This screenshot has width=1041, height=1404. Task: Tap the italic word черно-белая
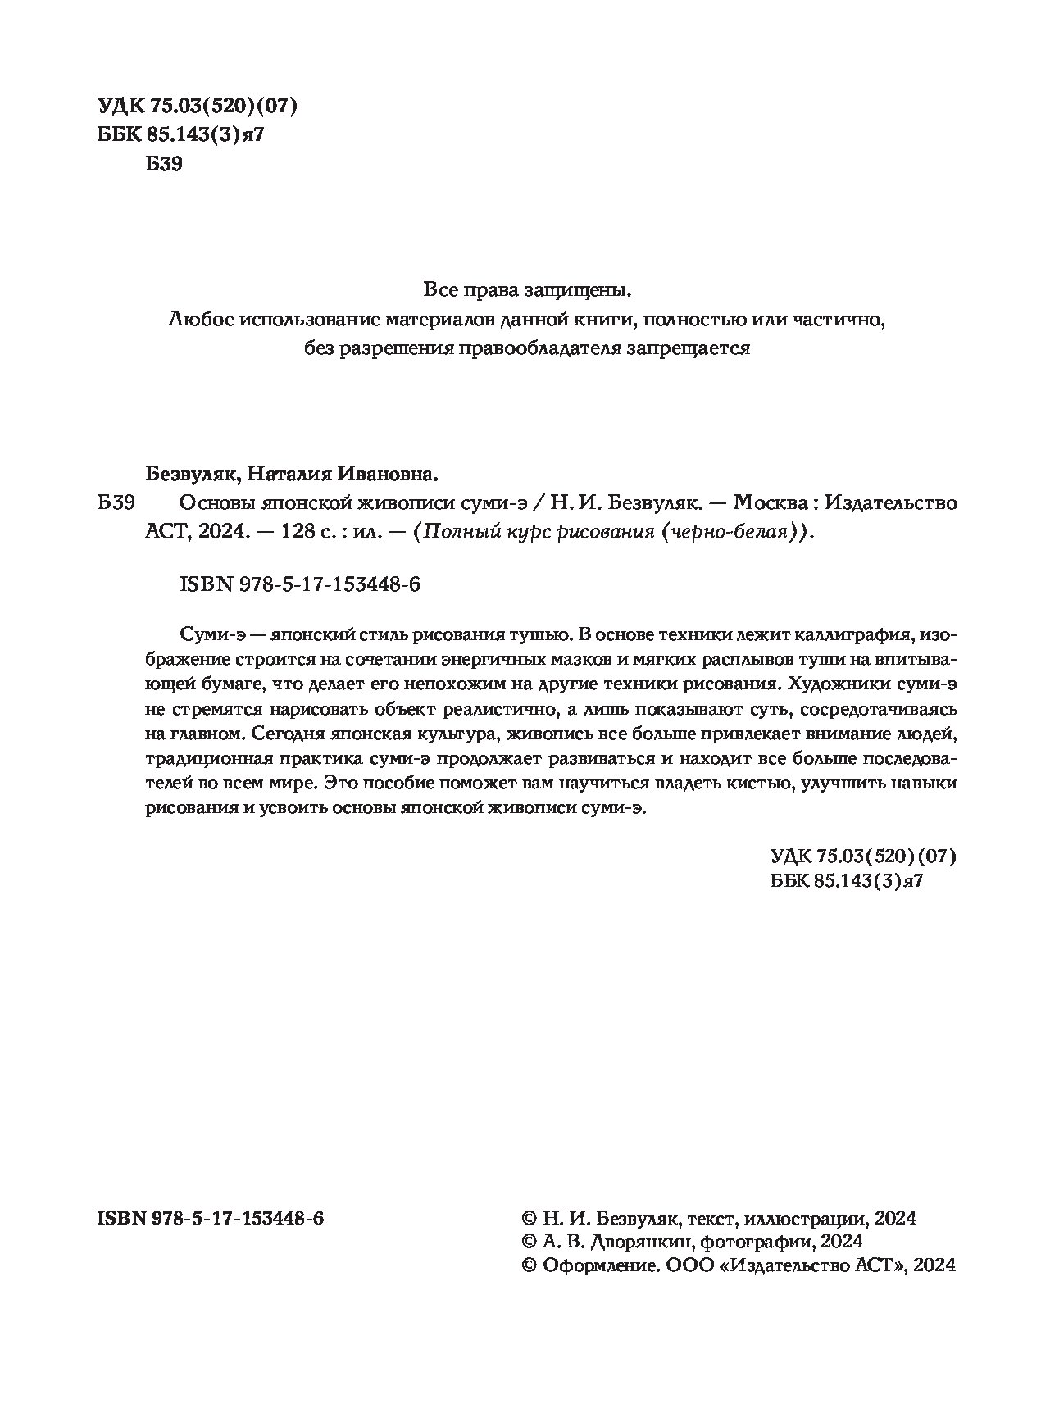click(738, 531)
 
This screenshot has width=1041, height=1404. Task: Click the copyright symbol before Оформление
click(529, 1265)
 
